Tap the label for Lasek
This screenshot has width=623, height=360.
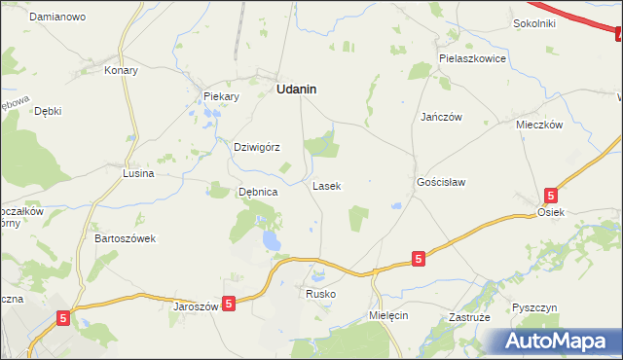click(x=327, y=185)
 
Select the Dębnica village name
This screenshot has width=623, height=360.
click(x=259, y=193)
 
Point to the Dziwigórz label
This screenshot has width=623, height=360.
click(x=257, y=148)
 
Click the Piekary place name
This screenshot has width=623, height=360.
click(x=221, y=96)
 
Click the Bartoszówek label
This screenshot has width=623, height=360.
click(x=126, y=238)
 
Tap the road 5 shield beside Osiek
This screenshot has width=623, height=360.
click(x=551, y=195)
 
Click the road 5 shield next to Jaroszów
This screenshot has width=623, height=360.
click(x=229, y=305)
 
